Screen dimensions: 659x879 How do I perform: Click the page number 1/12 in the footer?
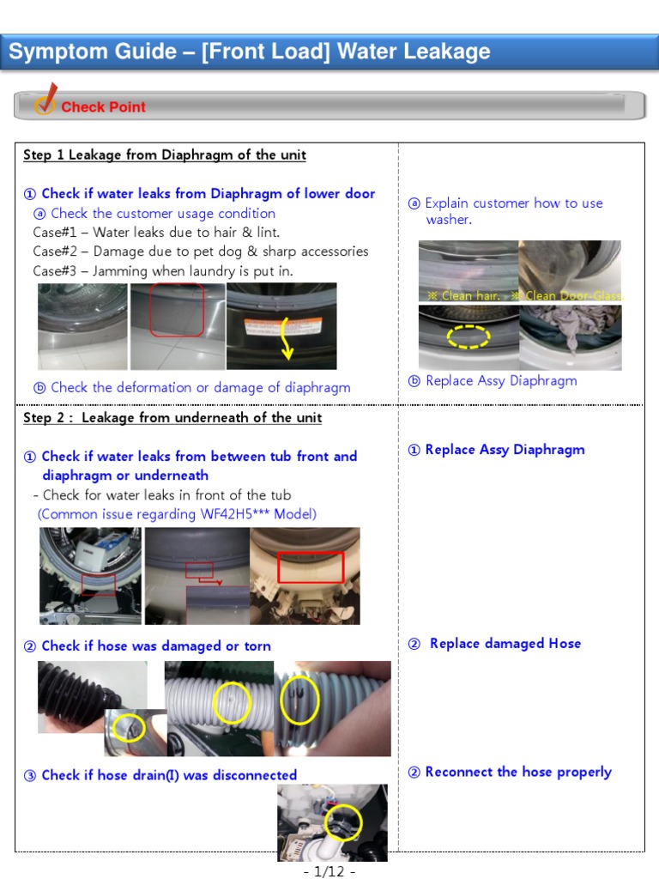point(329,870)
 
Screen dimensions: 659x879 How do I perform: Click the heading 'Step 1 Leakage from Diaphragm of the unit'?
point(165,155)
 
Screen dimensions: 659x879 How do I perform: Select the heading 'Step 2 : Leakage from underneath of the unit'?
point(172,418)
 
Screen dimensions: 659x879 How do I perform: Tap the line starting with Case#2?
point(201,252)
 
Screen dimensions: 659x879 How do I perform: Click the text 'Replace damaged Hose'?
point(505,643)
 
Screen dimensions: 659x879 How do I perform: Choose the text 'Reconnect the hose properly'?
point(518,772)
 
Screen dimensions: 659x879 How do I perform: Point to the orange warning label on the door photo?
point(283,326)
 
